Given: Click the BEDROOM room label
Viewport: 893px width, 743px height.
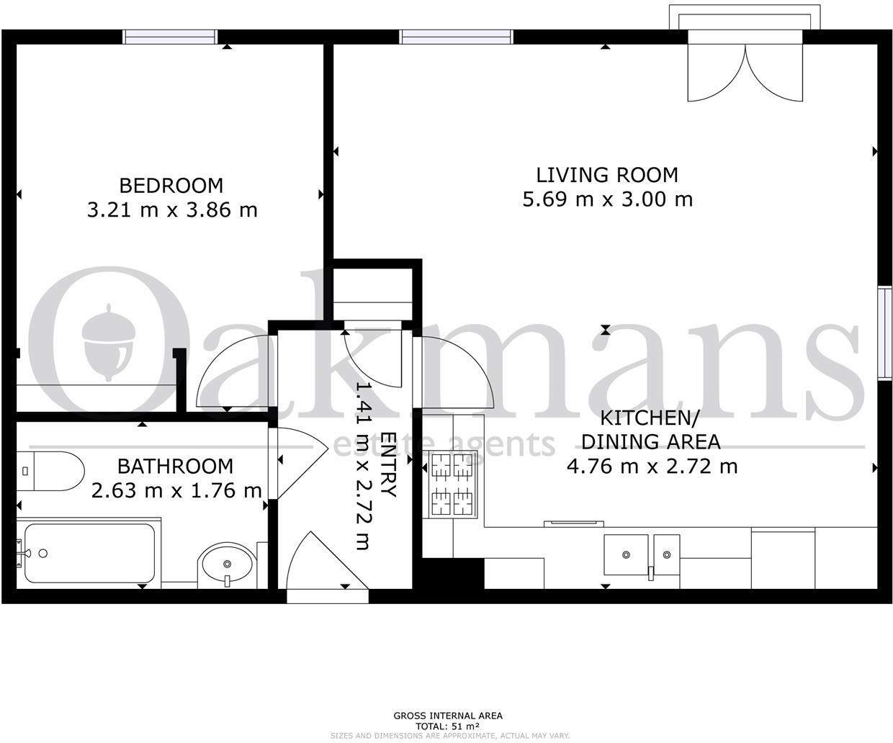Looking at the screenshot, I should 171,186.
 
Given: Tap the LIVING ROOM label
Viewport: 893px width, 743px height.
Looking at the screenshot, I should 607,175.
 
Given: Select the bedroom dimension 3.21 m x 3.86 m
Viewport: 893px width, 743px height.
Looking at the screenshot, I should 172,210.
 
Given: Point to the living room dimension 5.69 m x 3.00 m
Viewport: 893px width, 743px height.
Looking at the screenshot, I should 607,199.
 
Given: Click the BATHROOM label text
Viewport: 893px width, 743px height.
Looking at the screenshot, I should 175,467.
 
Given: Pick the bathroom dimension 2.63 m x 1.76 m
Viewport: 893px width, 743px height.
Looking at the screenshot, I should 176,491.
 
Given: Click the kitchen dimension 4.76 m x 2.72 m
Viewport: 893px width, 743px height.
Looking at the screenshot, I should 652,467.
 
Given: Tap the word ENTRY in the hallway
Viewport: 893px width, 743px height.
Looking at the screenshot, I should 389,465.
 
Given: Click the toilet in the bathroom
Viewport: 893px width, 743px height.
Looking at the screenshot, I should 50,472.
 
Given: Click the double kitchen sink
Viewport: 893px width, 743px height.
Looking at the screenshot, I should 642,555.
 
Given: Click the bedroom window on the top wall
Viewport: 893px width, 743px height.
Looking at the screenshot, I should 170,37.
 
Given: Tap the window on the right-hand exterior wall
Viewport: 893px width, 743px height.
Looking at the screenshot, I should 884,332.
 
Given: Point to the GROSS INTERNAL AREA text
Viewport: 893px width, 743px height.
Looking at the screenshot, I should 447,716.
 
